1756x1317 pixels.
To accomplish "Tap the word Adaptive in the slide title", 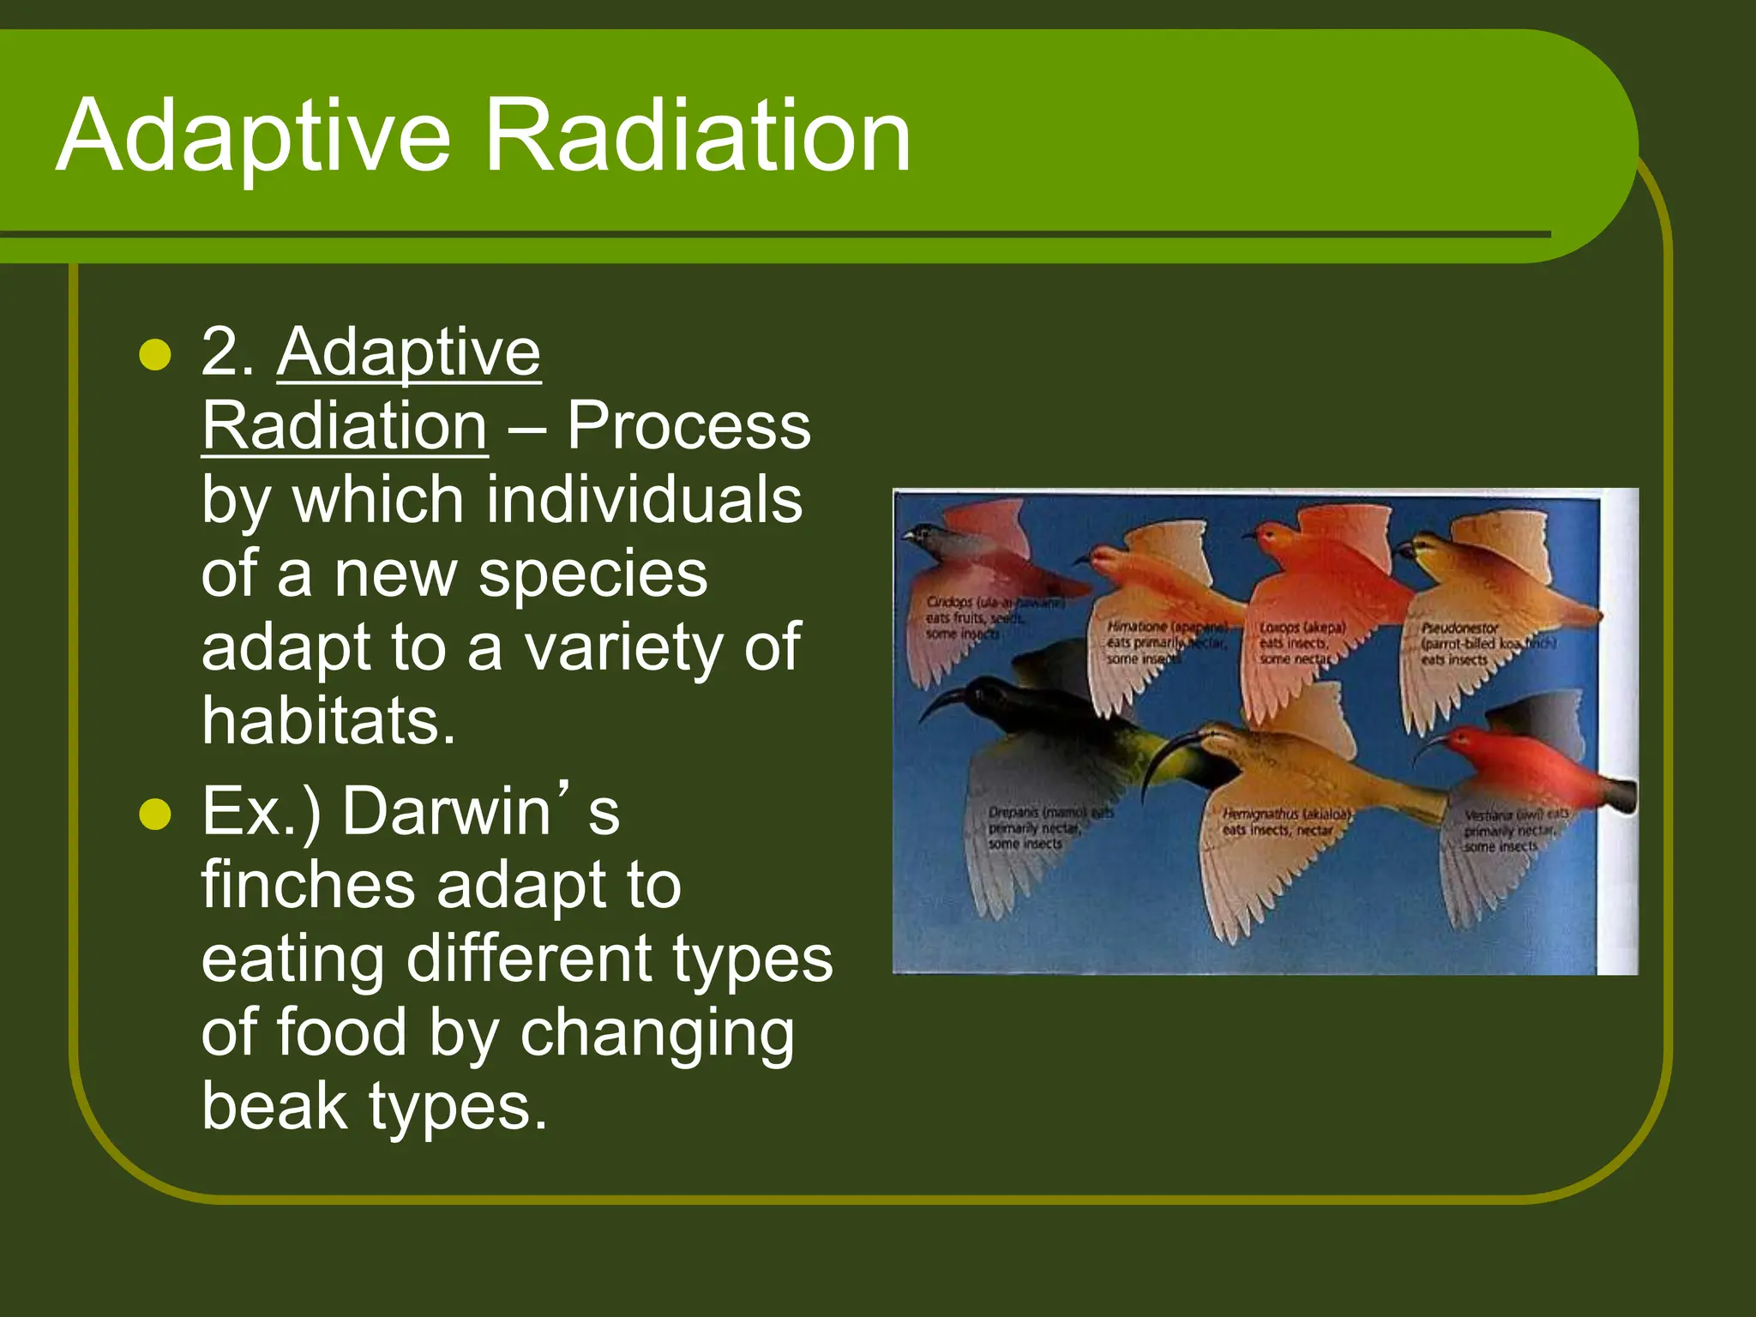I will (253, 137).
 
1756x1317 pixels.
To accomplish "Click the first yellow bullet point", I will (155, 354).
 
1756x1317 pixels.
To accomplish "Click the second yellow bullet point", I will (155, 814).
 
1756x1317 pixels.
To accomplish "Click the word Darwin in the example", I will (446, 811).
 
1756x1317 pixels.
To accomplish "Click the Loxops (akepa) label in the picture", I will (1302, 628).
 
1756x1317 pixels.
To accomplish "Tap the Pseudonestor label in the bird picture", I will (1459, 628).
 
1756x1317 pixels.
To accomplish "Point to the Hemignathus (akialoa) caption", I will (1286, 814).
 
